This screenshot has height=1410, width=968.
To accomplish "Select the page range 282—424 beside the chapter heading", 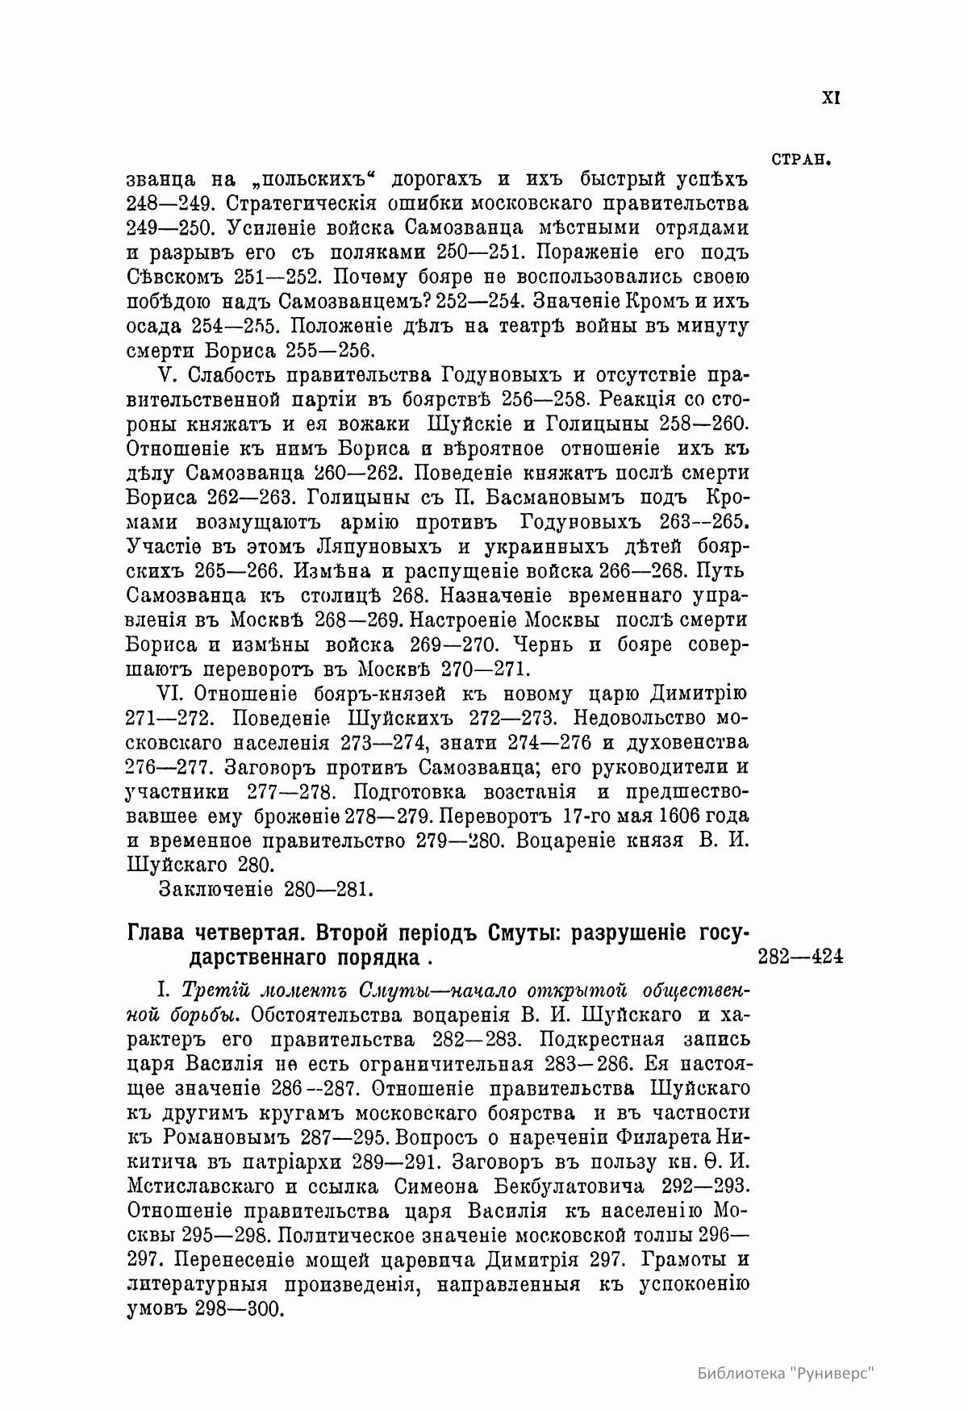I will point(800,957).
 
